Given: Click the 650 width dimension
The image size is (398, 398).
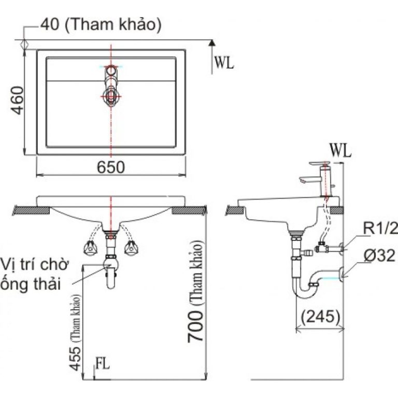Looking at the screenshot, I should click(x=110, y=167).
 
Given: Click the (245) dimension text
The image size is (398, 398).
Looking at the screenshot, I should click(x=319, y=316).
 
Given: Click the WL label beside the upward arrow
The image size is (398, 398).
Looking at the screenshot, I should click(x=224, y=63).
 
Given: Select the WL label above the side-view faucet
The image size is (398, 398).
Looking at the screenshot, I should click(x=340, y=151).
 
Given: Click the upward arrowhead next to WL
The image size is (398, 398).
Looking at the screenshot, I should click(x=212, y=45).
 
